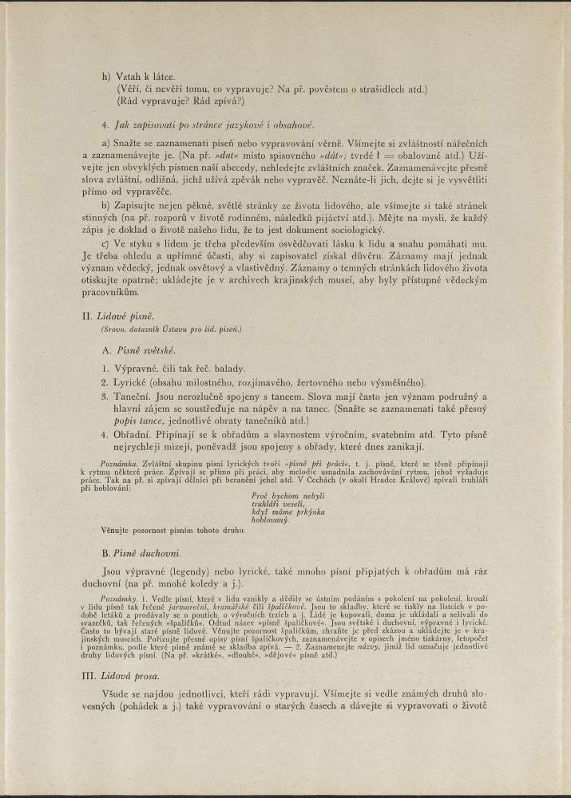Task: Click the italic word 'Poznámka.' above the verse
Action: tap(119, 464)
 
